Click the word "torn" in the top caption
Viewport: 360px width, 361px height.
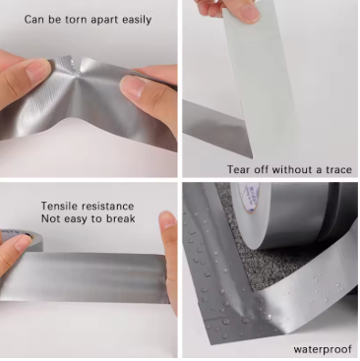77,20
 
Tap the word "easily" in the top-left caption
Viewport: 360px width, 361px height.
137,20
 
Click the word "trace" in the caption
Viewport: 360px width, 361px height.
338,170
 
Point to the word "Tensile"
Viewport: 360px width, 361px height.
59,206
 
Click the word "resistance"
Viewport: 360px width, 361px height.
107,207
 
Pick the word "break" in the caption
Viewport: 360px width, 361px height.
122,218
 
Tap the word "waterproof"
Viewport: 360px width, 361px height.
323,349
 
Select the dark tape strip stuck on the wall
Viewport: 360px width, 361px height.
216,128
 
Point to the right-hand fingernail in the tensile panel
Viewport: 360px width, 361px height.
168,220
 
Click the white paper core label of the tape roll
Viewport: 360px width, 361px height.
248,198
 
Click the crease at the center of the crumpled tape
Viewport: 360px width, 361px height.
78,82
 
